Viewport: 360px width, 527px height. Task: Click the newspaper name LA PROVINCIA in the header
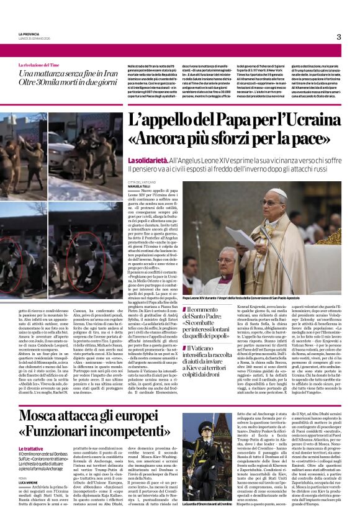tap(29, 34)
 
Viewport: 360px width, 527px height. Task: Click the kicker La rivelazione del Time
tap(43, 65)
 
